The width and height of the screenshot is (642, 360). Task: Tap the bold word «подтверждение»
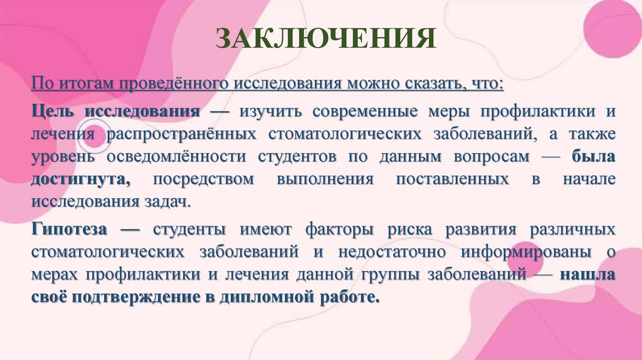pos(134,297)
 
